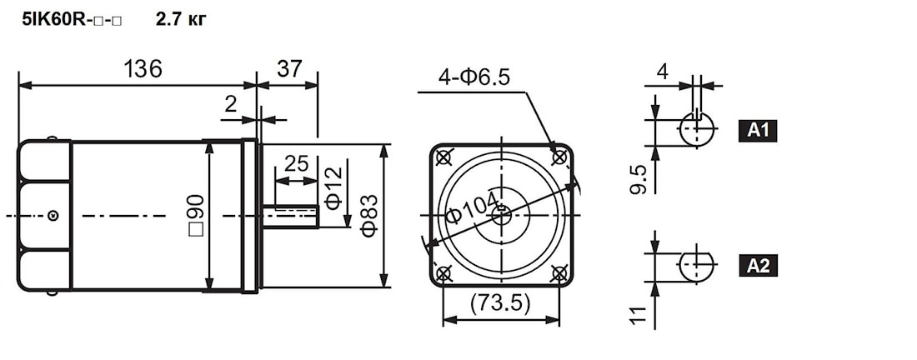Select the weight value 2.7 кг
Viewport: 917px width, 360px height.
[181, 20]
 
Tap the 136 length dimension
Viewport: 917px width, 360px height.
[143, 69]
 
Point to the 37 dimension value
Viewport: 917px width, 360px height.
[289, 69]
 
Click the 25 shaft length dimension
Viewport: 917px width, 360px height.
[297, 164]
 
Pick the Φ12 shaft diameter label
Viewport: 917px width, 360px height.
[334, 189]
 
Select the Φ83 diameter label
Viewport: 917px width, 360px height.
[369, 216]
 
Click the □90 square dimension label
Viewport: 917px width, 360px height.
[196, 216]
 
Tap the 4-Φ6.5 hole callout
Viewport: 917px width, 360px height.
[474, 77]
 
